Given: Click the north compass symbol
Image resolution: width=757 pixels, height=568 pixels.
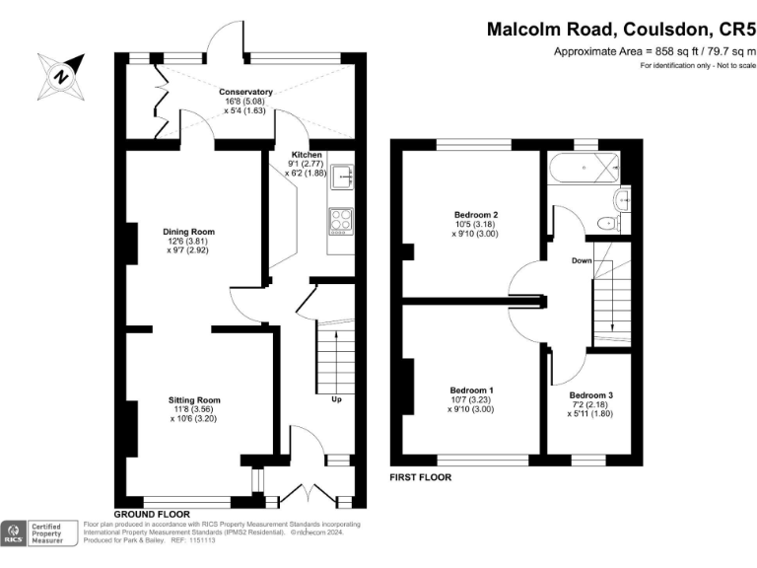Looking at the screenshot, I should coord(60,74).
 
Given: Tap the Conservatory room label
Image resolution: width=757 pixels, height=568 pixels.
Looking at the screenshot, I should coord(245,92).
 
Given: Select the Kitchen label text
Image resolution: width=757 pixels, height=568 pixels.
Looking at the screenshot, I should coord(305,156).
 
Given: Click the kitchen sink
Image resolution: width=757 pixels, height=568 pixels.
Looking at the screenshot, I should coord(343,178).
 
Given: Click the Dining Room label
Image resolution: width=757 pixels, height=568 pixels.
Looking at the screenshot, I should coord(188,232).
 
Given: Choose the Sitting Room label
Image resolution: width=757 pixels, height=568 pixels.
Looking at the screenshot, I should coord(194,400).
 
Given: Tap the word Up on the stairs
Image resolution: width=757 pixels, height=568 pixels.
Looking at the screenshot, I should coord(336,400).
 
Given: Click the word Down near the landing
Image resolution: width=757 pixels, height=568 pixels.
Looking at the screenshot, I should coord(582,262).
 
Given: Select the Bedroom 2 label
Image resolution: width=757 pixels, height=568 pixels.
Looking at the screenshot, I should coord(475,215).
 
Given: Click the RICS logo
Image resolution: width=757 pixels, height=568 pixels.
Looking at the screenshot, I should coord(14,532).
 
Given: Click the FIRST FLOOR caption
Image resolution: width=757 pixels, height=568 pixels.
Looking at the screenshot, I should coord(421,477).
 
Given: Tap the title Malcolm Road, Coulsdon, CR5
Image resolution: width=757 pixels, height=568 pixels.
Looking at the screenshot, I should coord(621,30).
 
